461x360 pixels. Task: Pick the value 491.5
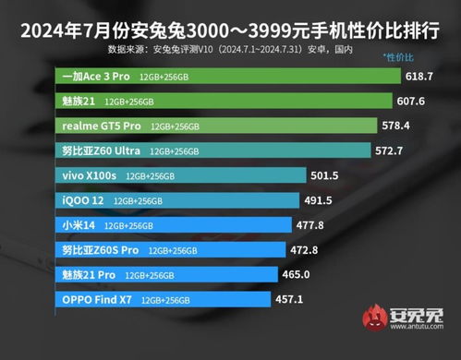[x=318, y=199]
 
